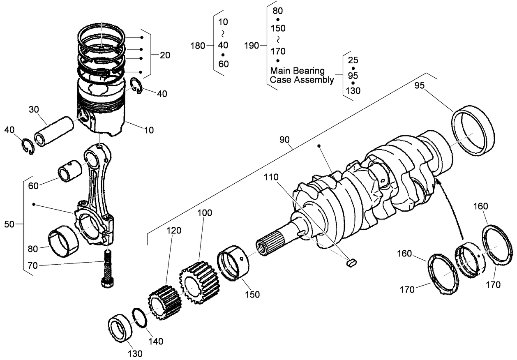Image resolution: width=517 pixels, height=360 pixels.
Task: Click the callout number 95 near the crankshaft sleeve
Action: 419,86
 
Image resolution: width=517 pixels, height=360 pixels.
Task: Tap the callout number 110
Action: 271,178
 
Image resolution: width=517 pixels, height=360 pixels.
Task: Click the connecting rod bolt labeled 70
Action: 108,269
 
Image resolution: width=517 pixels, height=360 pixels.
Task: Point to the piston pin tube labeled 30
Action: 54,132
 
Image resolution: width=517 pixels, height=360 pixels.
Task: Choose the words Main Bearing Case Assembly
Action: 302,75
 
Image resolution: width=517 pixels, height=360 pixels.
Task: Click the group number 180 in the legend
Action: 198,46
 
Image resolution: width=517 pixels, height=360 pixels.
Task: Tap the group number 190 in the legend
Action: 252,46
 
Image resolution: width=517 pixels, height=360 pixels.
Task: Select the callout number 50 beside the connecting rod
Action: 9,224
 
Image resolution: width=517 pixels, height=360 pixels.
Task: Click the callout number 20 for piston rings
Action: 165,55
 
